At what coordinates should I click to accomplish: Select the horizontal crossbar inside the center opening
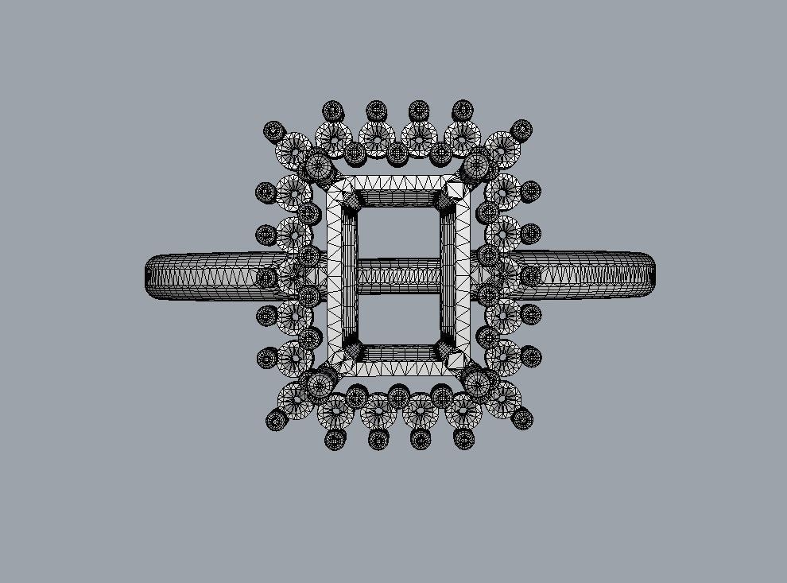point(397,275)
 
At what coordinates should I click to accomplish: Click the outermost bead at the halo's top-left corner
point(274,130)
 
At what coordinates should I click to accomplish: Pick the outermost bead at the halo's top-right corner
point(522,130)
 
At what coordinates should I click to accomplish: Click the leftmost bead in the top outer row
point(333,110)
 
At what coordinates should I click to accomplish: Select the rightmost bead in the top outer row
point(462,109)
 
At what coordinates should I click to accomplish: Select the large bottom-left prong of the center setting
point(318,385)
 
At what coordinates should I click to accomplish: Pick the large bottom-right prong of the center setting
point(479,385)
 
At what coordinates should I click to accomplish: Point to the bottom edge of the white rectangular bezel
point(397,367)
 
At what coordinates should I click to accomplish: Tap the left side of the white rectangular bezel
point(335,275)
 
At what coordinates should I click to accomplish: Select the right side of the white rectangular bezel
point(462,275)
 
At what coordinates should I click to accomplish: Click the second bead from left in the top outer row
point(376,109)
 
